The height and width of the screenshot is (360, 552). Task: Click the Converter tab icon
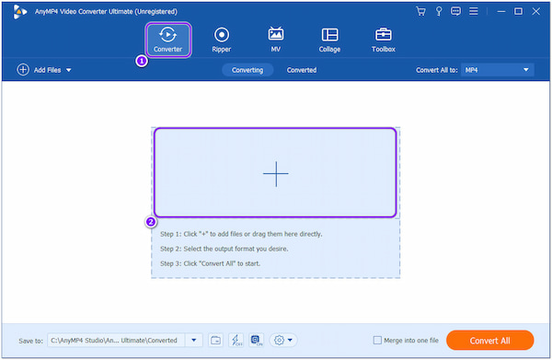click(167, 35)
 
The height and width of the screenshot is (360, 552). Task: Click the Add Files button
click(43, 70)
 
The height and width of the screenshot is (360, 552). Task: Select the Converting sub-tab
click(247, 70)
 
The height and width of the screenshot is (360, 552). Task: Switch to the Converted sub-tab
click(302, 70)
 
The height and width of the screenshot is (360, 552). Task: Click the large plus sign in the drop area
click(275, 174)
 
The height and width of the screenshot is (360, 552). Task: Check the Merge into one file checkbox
click(377, 340)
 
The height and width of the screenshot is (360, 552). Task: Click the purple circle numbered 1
click(141, 61)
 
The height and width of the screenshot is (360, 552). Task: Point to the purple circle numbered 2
click(151, 222)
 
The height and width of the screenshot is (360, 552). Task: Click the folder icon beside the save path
click(215, 340)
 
